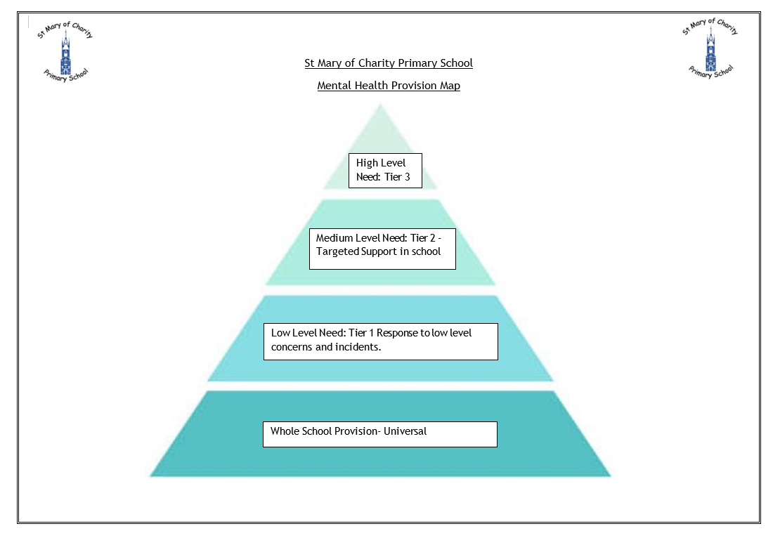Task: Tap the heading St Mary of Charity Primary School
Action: click(388, 63)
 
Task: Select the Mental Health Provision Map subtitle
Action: click(388, 86)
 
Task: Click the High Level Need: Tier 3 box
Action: click(385, 170)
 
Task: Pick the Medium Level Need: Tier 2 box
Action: click(382, 248)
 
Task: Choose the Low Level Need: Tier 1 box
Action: click(380, 341)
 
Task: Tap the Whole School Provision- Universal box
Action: click(379, 434)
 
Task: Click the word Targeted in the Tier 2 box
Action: click(337, 251)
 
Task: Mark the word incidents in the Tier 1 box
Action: click(358, 346)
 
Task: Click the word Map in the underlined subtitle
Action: click(450, 86)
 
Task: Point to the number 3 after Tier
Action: click(407, 177)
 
